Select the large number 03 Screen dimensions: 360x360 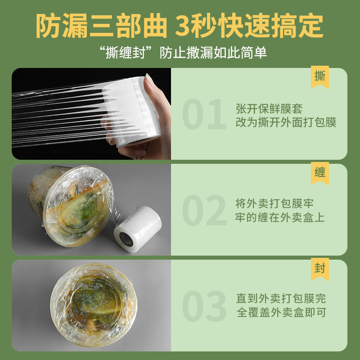click(204, 306)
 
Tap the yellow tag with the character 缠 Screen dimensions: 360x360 click(320, 173)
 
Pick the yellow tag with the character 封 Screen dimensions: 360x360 click(320, 269)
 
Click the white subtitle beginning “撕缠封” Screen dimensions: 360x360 click(180, 52)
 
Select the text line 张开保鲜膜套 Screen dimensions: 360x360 click(269, 108)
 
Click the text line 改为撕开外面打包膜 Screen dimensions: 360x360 click(286, 122)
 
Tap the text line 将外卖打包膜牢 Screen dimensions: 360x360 click(280, 203)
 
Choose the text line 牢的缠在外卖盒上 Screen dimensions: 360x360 click(280, 218)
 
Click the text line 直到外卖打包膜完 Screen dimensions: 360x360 click(281, 298)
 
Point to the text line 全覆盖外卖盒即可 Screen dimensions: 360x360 click(281, 313)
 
